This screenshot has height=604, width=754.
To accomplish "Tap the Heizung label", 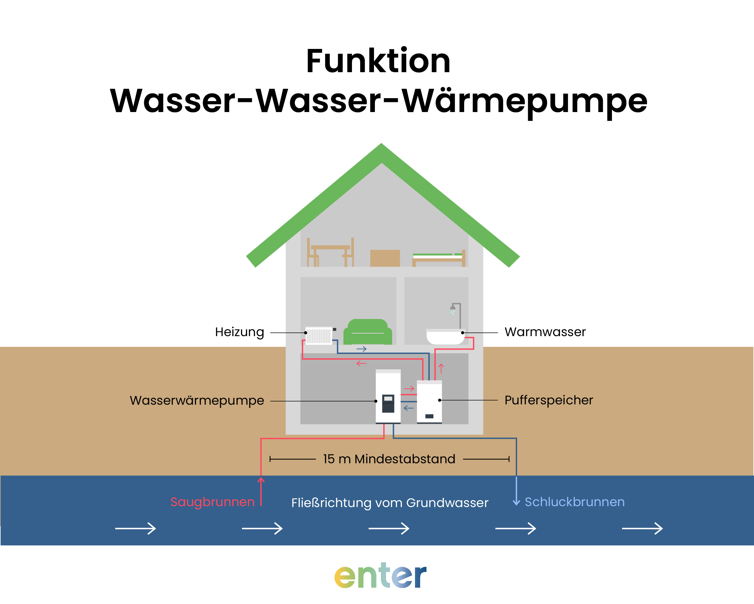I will point(239,332).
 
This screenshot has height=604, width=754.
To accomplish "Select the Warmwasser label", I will point(545,332).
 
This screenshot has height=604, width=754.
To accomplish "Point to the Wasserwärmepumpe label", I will point(197,400).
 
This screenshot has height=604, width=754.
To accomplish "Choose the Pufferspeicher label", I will point(548,400).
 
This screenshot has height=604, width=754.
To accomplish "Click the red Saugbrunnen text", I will point(212,502).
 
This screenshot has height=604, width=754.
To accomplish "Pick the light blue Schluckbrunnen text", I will point(575,502).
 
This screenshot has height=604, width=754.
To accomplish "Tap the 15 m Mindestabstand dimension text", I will point(389,459).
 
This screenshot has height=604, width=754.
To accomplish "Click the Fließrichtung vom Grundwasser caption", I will point(390,503).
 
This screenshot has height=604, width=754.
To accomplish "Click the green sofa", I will point(368,332).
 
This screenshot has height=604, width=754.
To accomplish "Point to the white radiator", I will point(318,336).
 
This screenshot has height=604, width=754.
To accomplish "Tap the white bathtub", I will point(445,337).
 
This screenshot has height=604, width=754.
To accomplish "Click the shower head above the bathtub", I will point(452,308).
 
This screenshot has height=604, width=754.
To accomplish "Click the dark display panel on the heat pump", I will point(388,403).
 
